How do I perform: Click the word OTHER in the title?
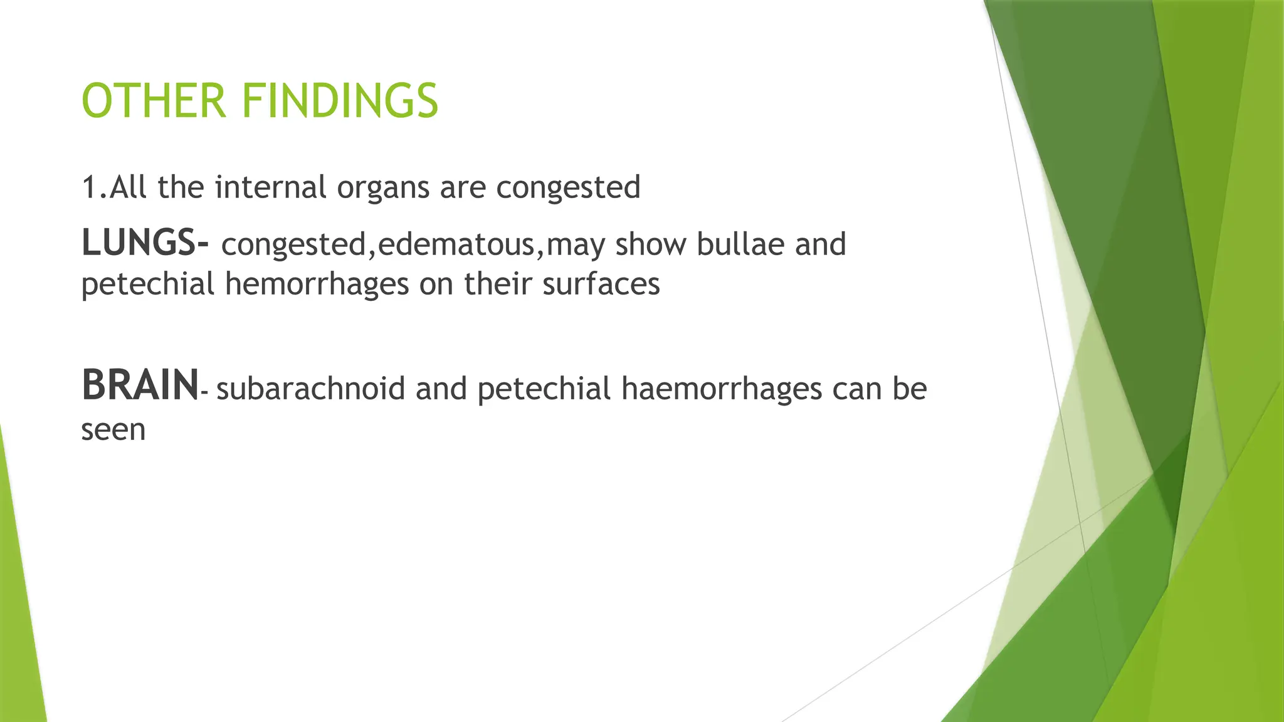pos(154,101)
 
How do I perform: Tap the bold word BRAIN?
pos(140,385)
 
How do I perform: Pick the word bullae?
pos(740,244)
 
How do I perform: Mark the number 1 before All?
pos(89,187)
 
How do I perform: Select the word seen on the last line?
pos(113,431)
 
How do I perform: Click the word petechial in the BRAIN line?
pos(544,389)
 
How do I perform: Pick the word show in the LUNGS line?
pos(650,244)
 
